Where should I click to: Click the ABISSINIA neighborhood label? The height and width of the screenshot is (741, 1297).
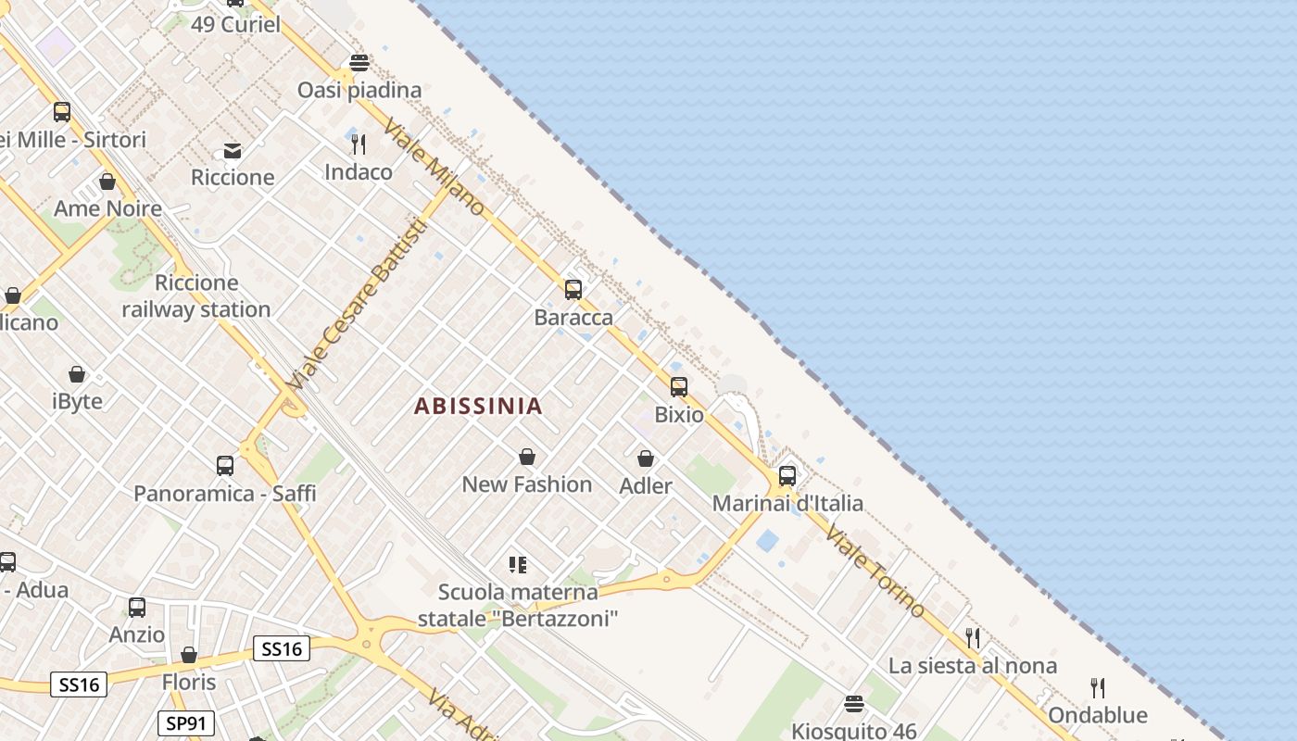(478, 406)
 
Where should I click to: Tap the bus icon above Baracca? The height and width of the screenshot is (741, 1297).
(573, 290)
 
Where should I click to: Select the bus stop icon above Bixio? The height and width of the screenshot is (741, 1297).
(679, 387)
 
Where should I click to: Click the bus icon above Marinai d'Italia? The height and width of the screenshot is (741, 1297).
(787, 476)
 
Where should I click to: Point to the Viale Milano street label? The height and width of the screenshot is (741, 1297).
(434, 167)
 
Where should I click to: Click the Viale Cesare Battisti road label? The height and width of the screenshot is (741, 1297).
(358, 306)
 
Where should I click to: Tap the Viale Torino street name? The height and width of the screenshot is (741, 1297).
(875, 571)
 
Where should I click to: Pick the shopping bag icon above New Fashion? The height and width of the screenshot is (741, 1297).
(527, 457)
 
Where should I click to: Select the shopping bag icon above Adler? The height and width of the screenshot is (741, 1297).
(646, 458)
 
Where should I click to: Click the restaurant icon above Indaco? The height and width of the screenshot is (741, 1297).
(359, 144)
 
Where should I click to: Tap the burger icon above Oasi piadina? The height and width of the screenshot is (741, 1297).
(359, 63)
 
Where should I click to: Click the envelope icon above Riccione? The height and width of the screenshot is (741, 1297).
(233, 150)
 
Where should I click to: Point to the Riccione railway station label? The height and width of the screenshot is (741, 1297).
(196, 296)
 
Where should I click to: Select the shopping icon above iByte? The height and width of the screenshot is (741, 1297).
(77, 374)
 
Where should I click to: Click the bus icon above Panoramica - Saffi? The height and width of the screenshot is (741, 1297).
(225, 466)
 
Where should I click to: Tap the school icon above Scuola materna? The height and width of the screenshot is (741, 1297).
(518, 564)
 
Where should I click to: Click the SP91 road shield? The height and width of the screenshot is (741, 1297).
(186, 723)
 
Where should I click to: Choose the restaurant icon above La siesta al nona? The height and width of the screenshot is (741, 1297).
(973, 638)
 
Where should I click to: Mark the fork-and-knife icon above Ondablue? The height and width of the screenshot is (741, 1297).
(1098, 688)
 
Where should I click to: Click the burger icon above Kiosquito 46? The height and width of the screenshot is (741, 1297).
(854, 704)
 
